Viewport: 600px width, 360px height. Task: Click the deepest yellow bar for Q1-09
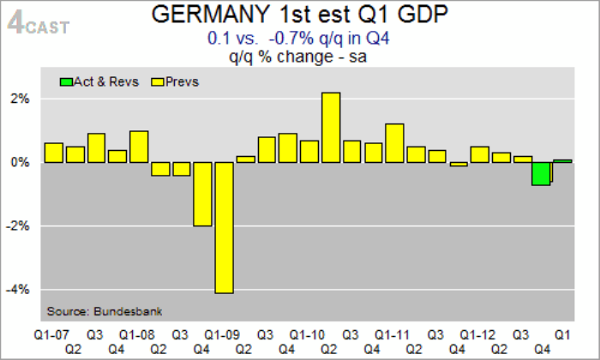[x=224, y=227]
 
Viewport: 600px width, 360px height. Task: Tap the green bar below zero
[x=540, y=172]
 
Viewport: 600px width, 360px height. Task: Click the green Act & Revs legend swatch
[x=66, y=81]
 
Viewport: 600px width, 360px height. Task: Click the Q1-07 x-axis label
[x=52, y=333]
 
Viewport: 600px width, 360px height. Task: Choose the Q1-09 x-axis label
[x=223, y=333]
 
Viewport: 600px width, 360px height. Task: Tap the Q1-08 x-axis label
[x=138, y=333]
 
